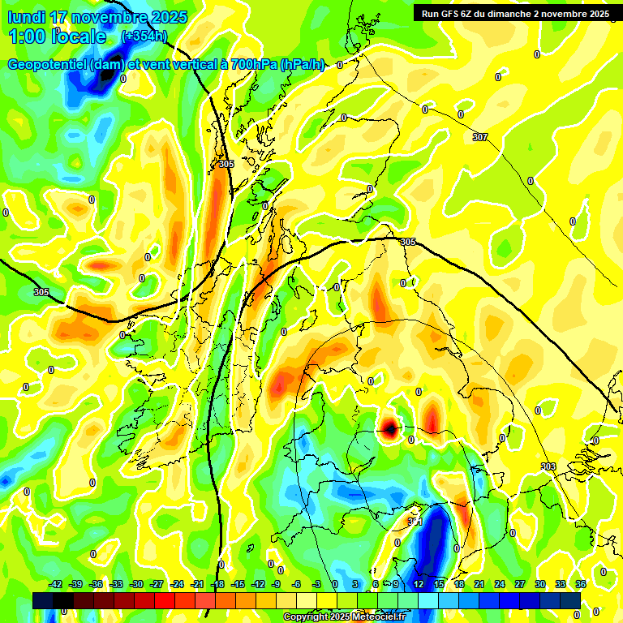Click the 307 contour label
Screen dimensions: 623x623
coord(480,137)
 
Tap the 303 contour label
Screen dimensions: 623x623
coord(548,466)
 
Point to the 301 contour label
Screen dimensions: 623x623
coord(416,521)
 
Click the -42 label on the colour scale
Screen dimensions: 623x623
coord(55,584)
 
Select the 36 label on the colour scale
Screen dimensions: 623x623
coord(581,584)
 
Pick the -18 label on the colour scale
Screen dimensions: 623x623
coord(217,584)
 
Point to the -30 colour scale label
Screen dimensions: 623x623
coord(136,584)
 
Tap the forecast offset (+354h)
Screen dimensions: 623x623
coord(144,36)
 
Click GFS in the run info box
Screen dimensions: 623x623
coord(453,13)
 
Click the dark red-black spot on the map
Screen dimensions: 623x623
coord(389,428)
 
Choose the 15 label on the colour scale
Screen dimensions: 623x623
coord(439,584)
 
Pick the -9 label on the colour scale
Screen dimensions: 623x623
coord(277,584)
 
